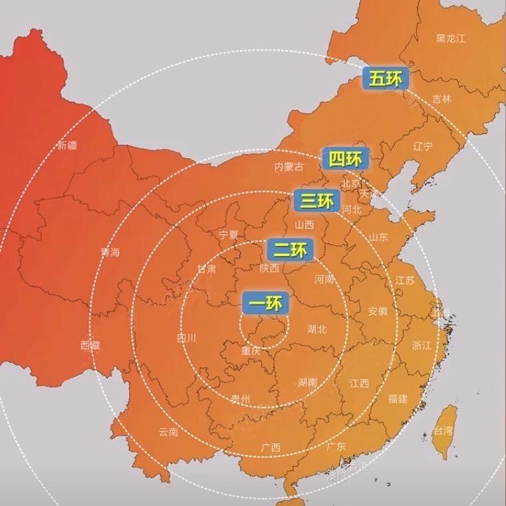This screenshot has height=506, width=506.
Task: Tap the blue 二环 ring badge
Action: (x=290, y=250)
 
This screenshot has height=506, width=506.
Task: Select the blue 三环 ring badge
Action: (x=316, y=199)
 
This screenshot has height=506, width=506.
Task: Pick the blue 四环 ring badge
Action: (x=345, y=159)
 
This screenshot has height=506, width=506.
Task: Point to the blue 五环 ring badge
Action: (x=386, y=78)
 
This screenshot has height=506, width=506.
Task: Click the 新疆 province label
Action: (x=67, y=145)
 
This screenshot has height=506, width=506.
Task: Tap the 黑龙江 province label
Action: (x=450, y=38)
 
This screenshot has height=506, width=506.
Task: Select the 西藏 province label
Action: (x=90, y=344)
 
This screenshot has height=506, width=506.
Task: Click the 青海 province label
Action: (x=110, y=253)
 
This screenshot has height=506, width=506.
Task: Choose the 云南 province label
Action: (x=168, y=432)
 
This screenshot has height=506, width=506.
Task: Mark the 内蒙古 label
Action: (x=289, y=168)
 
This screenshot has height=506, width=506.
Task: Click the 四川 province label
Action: (x=187, y=338)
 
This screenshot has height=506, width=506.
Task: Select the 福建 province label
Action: (x=398, y=398)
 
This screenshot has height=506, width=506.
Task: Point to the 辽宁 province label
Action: (x=423, y=146)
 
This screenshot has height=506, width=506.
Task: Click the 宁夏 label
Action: (x=229, y=235)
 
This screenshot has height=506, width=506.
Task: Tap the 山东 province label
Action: (x=379, y=237)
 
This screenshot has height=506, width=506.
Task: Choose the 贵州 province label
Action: (x=240, y=399)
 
